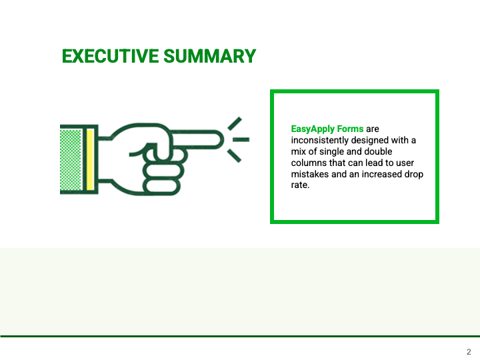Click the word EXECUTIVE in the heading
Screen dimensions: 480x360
point(110,56)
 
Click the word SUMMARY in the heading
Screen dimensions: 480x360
point(210,56)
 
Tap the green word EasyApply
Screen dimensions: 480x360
point(313,129)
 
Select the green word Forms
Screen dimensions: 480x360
point(350,129)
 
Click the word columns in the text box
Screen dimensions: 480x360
point(309,163)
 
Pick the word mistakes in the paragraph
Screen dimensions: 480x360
point(310,174)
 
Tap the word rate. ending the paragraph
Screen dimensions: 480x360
point(300,185)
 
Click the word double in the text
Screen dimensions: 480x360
point(379,151)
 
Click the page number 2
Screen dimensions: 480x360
point(469,352)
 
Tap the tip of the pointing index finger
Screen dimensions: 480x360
point(222,139)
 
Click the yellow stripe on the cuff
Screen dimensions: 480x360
point(90,159)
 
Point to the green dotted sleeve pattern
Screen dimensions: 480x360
point(71,159)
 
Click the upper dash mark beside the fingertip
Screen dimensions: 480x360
point(235,124)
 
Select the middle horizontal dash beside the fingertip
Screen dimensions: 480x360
point(241,140)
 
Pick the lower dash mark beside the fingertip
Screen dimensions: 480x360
point(235,155)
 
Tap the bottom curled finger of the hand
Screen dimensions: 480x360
point(161,187)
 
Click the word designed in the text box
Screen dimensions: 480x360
point(369,140)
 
